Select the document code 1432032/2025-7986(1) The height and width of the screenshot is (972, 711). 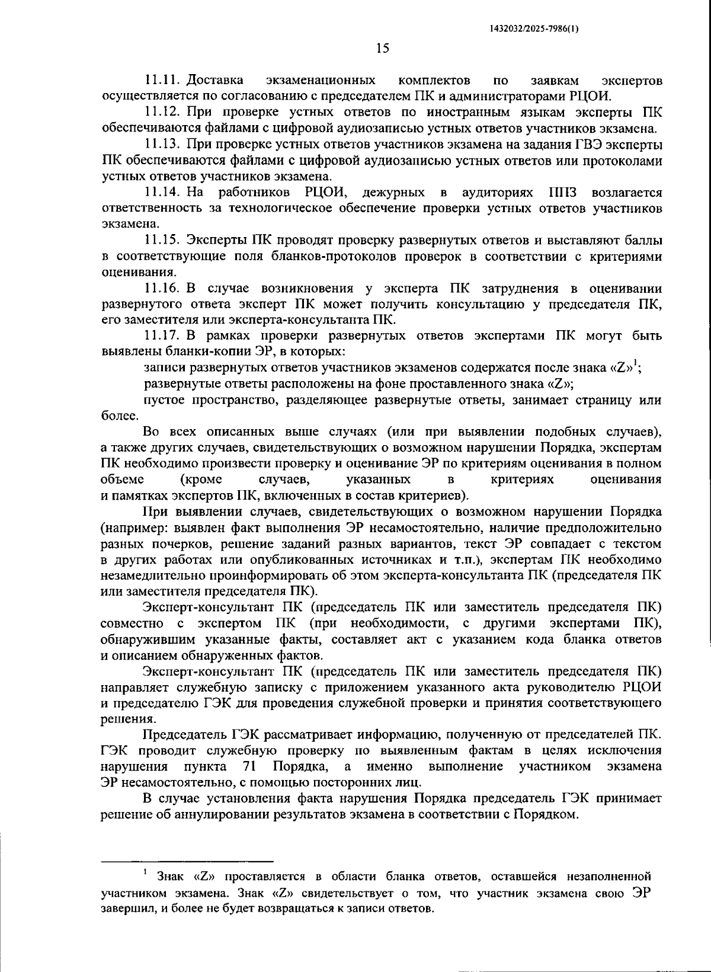tap(535, 28)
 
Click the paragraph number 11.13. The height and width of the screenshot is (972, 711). tap(163, 144)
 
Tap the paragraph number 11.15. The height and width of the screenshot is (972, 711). tap(163, 241)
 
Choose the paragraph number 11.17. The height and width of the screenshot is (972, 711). tap(163, 337)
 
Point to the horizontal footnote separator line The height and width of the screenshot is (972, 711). tap(187, 861)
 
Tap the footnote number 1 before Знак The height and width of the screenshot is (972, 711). tap(144, 872)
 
